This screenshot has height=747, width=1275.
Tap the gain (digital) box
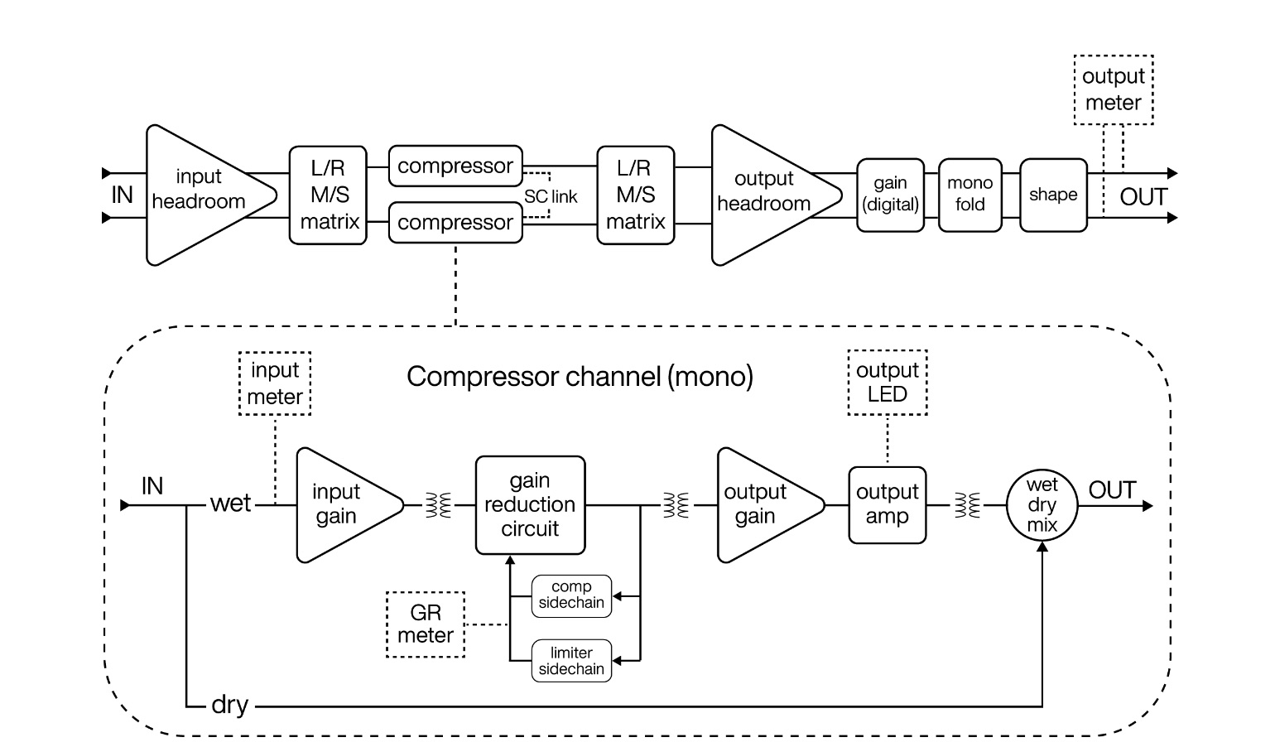(890, 195)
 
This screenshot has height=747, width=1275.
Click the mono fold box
(969, 195)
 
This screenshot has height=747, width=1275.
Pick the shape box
(1053, 195)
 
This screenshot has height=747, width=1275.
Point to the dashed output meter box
(1113, 89)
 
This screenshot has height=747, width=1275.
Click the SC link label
(551, 197)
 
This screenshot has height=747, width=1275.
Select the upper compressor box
(455, 166)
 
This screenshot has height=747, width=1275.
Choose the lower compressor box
(455, 222)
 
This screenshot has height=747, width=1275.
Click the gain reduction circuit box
(530, 504)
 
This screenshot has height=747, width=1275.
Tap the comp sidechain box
(571, 595)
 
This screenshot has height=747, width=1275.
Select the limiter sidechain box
(571, 661)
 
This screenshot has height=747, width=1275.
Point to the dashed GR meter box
(426, 624)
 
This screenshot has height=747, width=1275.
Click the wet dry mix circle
(1042, 505)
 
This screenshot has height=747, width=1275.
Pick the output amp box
(887, 504)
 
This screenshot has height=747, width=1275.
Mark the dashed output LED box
(888, 382)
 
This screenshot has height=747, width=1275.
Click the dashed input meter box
(275, 383)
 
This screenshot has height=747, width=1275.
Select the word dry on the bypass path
(229, 705)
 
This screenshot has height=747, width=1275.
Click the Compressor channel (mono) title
(580, 377)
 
